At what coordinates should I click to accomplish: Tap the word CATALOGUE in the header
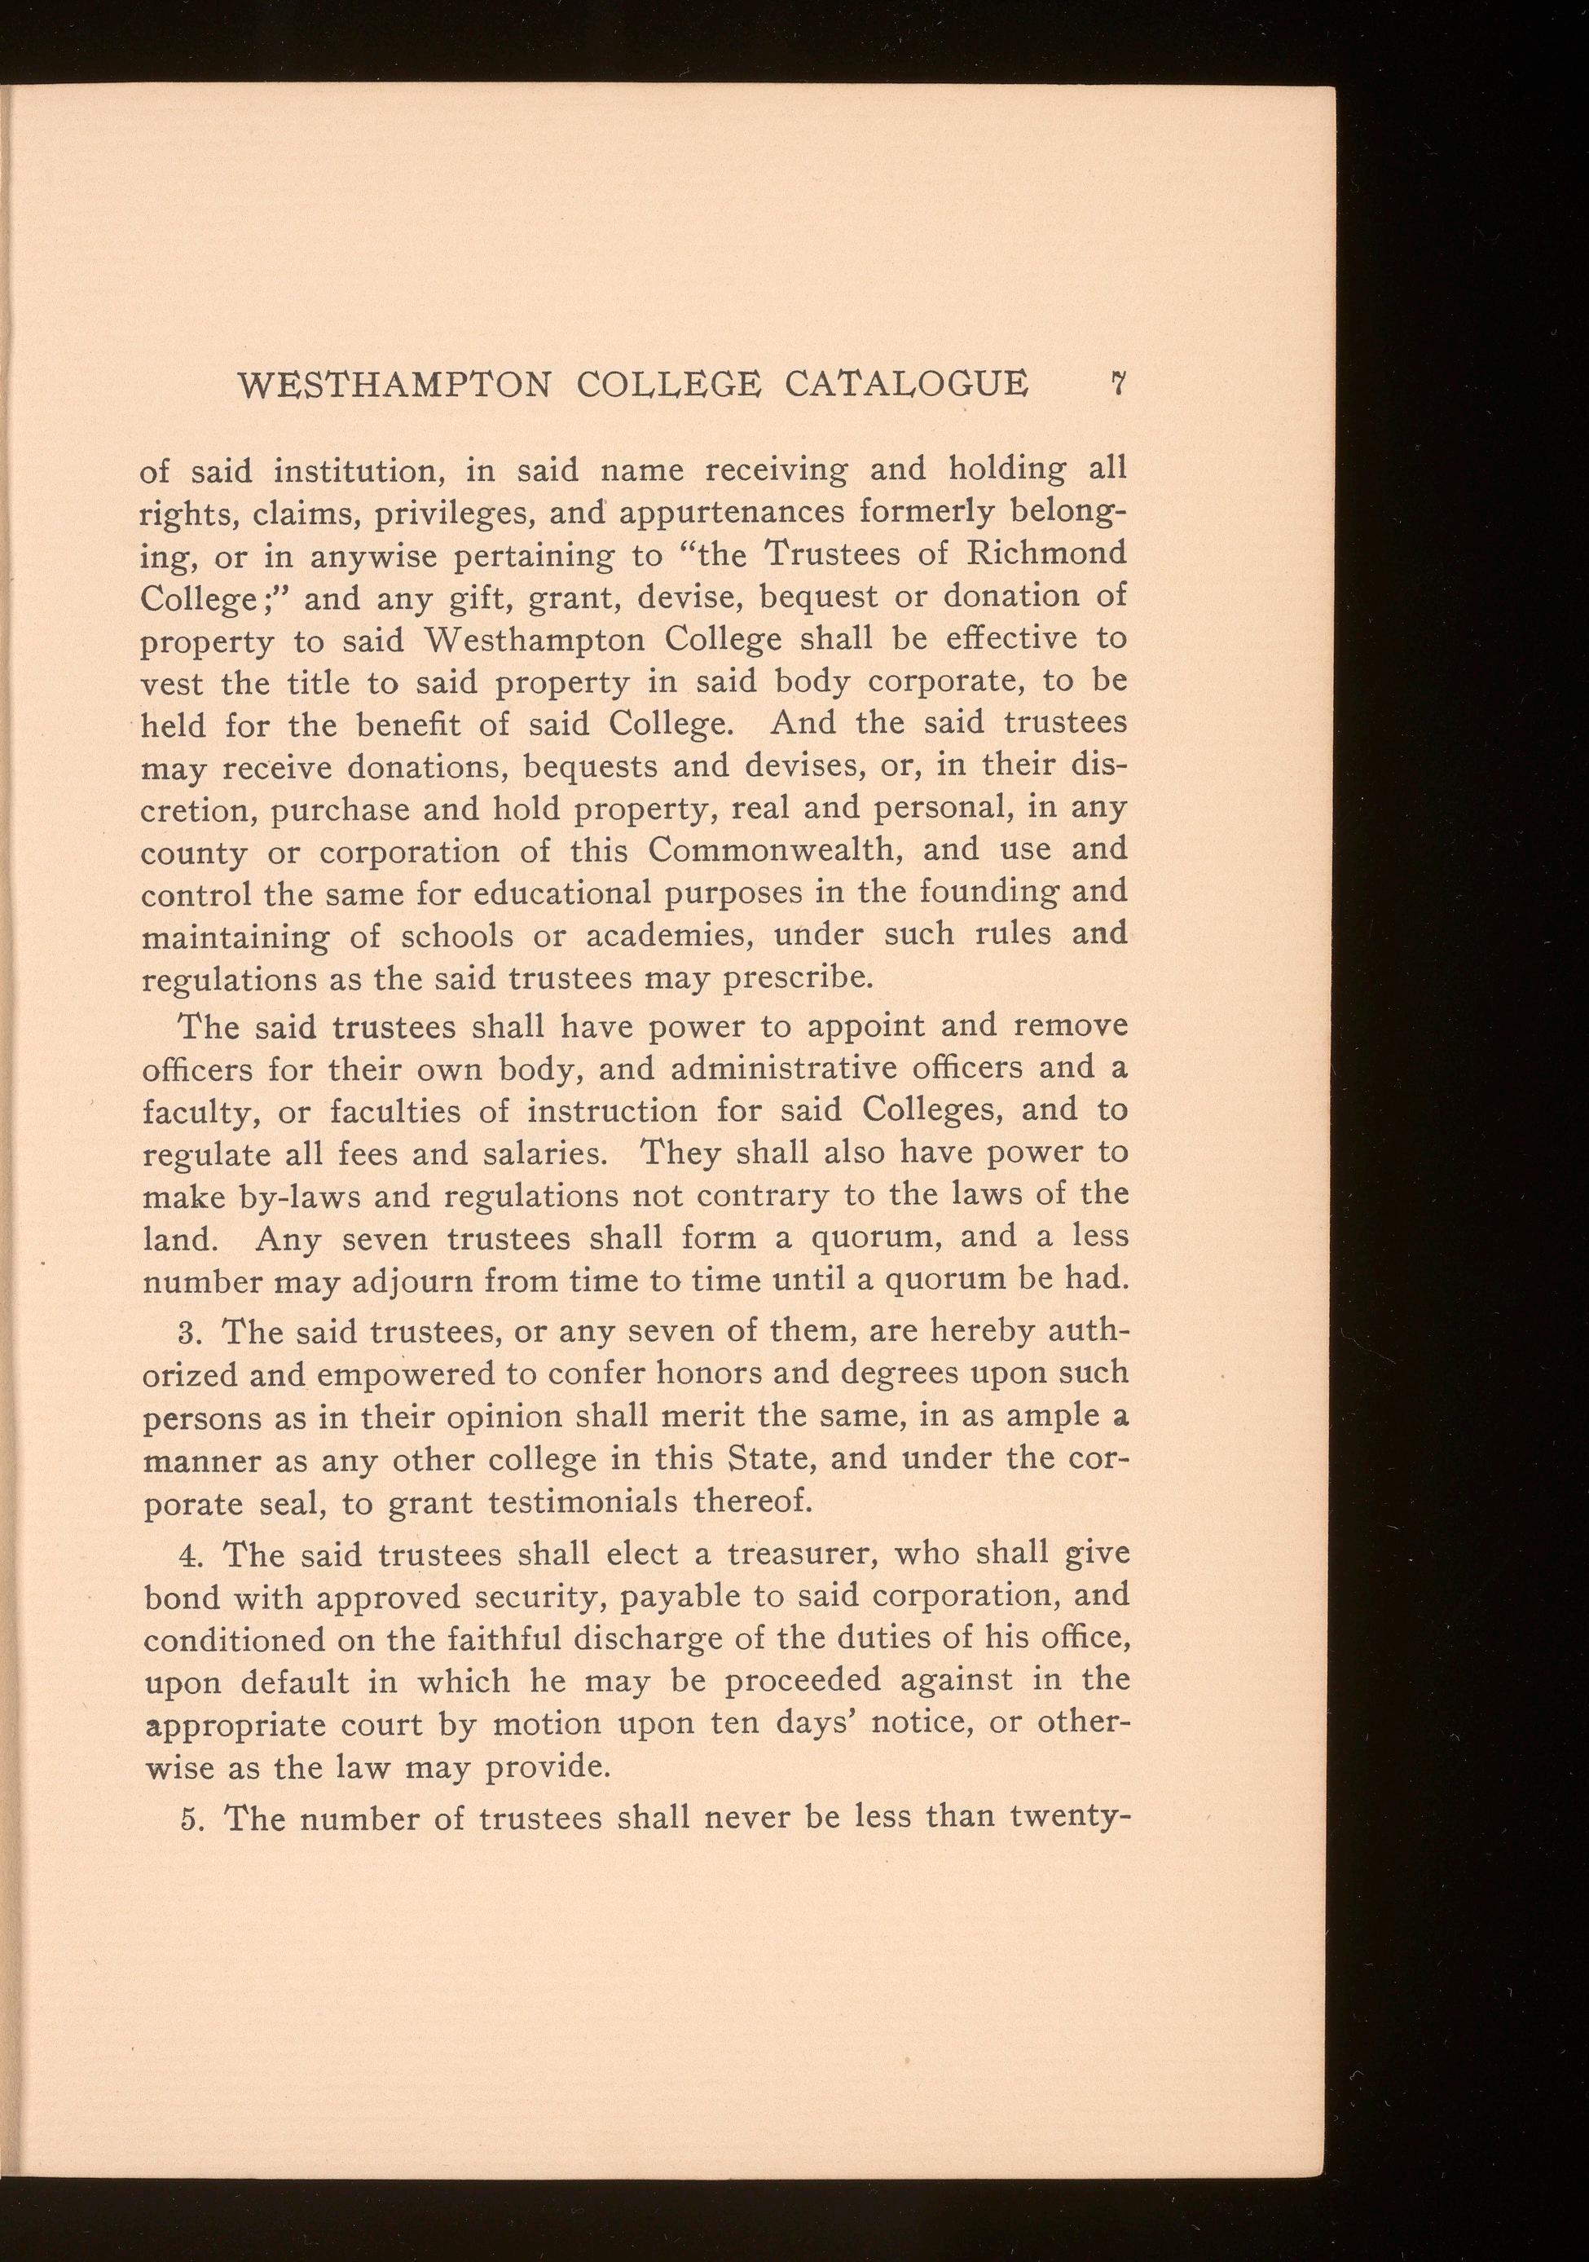click(x=905, y=383)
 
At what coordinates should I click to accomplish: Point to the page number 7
click(x=1117, y=383)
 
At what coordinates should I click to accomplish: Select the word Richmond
click(x=1047, y=553)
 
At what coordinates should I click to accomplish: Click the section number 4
click(x=192, y=1554)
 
